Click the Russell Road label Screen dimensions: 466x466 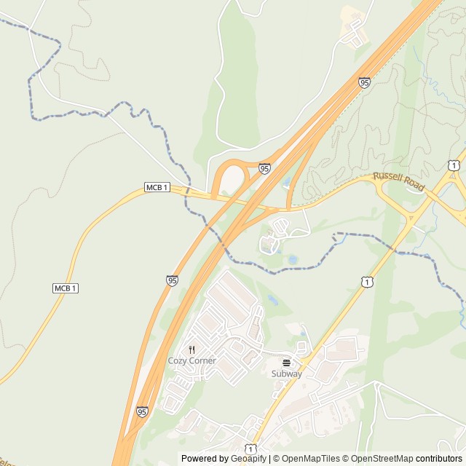(398, 181)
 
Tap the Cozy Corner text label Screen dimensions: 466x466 (191, 360)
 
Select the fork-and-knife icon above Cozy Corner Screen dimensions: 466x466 (191, 349)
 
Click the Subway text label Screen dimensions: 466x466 (286, 374)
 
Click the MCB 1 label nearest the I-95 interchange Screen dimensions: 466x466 (157, 187)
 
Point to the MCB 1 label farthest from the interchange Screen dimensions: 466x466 (66, 288)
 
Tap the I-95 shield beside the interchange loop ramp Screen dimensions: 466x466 (264, 168)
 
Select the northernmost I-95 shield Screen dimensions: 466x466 (364, 83)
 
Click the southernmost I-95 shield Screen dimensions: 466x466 (142, 412)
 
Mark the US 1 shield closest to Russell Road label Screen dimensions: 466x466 (454, 166)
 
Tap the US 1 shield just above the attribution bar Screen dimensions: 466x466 (250, 449)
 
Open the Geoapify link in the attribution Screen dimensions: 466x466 (249, 459)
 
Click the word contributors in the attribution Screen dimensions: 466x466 (439, 459)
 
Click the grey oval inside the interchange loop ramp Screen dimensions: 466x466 (232, 178)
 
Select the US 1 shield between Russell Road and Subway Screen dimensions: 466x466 (368, 281)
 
